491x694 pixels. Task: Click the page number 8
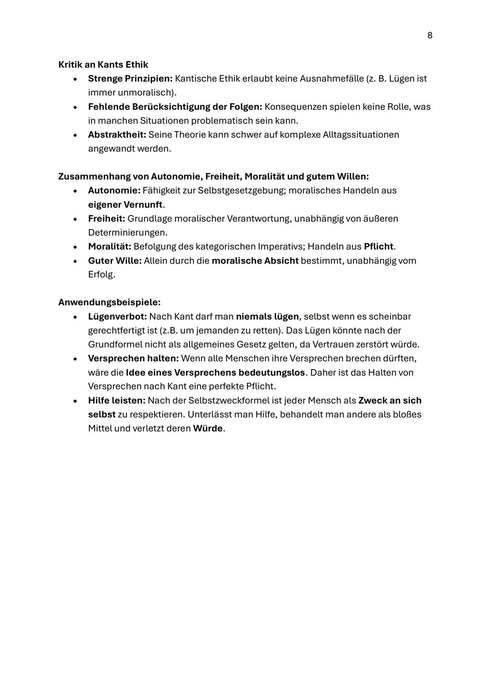[x=430, y=35]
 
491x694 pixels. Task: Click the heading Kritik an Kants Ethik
[x=103, y=65]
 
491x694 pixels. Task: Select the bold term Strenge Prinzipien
[x=130, y=79]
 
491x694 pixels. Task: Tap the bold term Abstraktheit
[x=117, y=135]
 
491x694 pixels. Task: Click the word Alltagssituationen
[x=361, y=135]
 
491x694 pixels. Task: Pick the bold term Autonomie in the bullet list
[x=114, y=190]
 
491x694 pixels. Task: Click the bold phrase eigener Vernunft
[x=125, y=205]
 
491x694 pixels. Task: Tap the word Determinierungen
[x=127, y=232]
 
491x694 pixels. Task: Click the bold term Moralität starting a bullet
[x=109, y=246]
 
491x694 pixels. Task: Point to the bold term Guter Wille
[x=115, y=260]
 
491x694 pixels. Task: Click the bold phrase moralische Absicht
[x=255, y=260]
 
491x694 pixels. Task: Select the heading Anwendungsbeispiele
[x=109, y=302]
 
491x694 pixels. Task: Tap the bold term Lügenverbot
[x=117, y=316]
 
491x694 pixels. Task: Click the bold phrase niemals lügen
[x=267, y=316]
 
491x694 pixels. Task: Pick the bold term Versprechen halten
[x=133, y=358]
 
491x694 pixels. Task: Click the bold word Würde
[x=208, y=429]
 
